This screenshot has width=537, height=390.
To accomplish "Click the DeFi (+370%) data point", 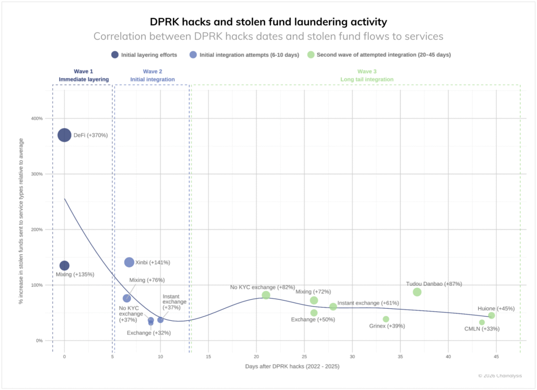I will pyautogui.click(x=64, y=135).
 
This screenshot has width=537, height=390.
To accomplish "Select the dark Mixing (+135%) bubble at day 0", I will pyautogui.click(x=64, y=266).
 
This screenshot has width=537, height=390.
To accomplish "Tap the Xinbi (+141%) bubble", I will pyautogui.click(x=129, y=262).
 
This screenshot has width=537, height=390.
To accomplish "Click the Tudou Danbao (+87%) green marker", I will pyautogui.click(x=417, y=292).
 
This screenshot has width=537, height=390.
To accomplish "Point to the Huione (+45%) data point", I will pyautogui.click(x=491, y=316).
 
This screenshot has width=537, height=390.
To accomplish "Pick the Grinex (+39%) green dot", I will pyautogui.click(x=386, y=319).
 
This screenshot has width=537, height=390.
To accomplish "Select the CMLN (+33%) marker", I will pyautogui.click(x=482, y=322).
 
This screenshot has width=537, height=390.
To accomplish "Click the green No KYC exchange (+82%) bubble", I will pyautogui.click(x=266, y=295).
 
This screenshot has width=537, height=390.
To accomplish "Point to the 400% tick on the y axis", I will pyautogui.click(x=36, y=118).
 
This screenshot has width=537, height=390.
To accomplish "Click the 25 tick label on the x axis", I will pyautogui.click(x=304, y=356).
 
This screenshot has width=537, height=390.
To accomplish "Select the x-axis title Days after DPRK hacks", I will pyautogui.click(x=292, y=366).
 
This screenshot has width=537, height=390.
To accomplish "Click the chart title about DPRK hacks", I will pyautogui.click(x=268, y=22).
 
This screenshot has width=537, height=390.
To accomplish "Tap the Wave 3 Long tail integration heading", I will pyautogui.click(x=375, y=75).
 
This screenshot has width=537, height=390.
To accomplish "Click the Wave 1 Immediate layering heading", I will pyautogui.click(x=84, y=75).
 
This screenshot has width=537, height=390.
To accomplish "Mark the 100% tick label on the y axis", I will pyautogui.click(x=36, y=285).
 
